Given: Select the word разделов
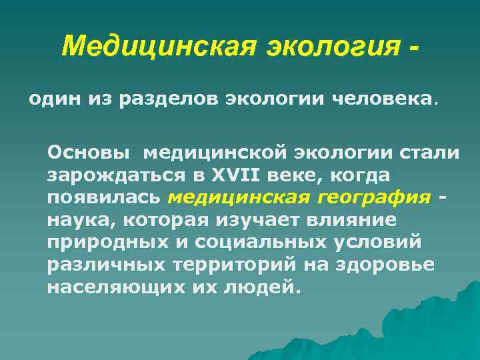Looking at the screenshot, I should tap(183, 99).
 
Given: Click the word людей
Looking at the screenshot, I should tap(264, 288).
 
